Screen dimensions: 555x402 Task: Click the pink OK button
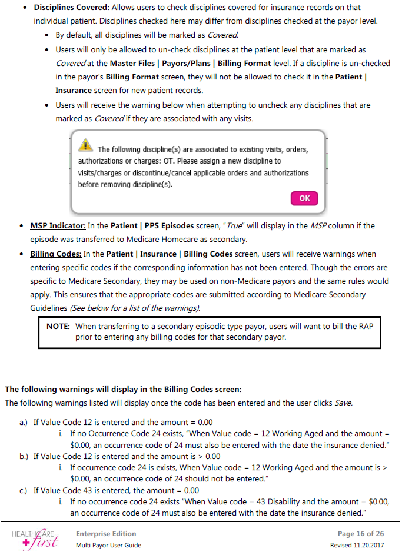304,198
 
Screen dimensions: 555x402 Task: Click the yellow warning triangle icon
86,145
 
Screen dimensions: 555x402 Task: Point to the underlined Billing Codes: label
56,254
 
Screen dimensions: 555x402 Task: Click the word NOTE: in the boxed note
59,325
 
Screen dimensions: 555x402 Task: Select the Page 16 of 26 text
361,533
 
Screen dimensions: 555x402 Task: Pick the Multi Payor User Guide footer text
108,545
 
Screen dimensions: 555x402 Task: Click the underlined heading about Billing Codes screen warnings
123,389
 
